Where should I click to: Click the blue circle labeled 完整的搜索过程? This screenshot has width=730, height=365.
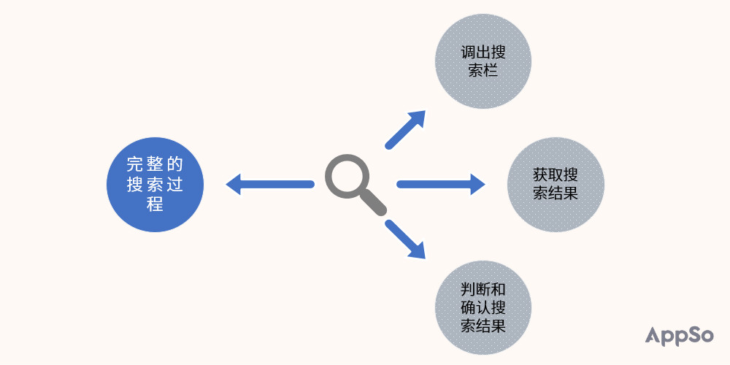point(155,185)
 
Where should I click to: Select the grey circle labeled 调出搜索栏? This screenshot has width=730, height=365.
point(483,61)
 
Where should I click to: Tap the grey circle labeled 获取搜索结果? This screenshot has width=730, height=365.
point(556,185)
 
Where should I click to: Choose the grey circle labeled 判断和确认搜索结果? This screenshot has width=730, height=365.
point(483,308)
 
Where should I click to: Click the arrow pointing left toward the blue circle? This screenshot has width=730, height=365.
point(270,185)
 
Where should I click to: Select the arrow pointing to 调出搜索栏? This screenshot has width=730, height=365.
point(405,129)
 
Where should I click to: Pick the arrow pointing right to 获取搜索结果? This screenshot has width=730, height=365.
point(441,185)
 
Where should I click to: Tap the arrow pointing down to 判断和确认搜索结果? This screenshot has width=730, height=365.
point(405,239)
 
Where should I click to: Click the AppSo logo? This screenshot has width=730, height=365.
point(679,336)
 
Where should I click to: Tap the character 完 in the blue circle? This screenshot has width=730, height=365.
point(135,164)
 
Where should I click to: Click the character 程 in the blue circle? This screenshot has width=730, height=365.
point(155,204)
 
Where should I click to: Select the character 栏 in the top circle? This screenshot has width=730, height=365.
point(491,70)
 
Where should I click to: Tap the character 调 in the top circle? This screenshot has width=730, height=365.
point(468,52)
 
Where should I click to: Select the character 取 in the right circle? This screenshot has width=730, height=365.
point(556,175)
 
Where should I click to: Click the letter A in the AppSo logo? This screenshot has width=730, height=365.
point(653,335)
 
